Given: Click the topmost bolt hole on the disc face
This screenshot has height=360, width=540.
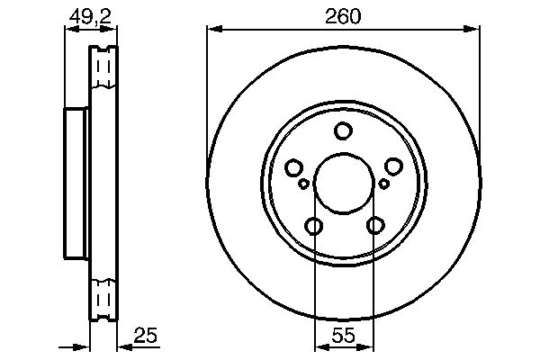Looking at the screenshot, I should click(x=342, y=131).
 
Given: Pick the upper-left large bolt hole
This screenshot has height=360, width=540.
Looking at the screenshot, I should click(x=293, y=167).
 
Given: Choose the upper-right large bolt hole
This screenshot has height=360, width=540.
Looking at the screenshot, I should click(x=392, y=167).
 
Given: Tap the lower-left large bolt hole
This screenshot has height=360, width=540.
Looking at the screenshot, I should click(x=312, y=225).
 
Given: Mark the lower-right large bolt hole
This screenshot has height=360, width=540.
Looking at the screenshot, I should click(x=373, y=225).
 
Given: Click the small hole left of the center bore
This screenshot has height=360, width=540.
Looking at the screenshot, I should click(x=303, y=184).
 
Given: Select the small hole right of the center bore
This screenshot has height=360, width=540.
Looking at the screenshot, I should click(x=383, y=184).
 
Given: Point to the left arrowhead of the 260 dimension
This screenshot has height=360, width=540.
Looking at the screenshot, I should click(x=212, y=30).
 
